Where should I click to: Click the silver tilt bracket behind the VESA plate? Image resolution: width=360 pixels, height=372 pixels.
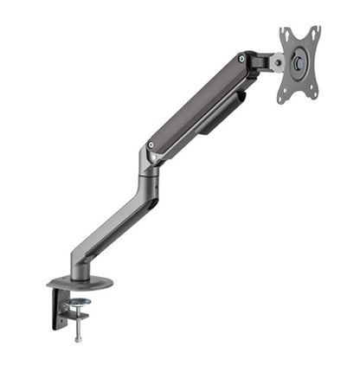pos(275,61)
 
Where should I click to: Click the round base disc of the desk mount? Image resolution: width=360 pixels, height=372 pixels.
pos(80,283)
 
